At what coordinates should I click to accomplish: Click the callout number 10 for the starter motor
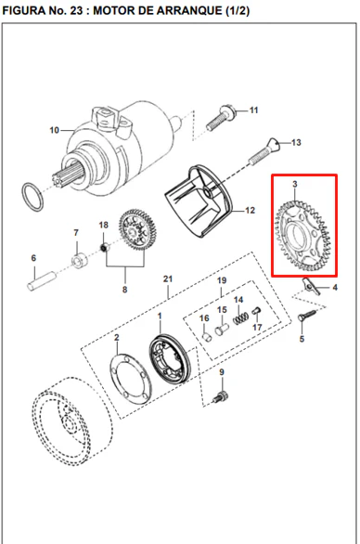click(x=54, y=130)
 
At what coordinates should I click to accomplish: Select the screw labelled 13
click(x=264, y=151)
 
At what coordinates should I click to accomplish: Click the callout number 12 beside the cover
click(x=250, y=210)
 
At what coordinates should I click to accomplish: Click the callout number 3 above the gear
click(x=295, y=184)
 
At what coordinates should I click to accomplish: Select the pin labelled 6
click(x=42, y=280)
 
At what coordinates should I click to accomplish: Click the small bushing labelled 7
click(x=80, y=260)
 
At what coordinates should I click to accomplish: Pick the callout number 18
click(x=104, y=226)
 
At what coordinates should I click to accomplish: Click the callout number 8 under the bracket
click(x=125, y=290)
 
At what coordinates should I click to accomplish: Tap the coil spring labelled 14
click(x=240, y=318)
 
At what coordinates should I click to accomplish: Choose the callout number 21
click(x=168, y=278)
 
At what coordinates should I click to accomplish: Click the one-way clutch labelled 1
click(x=170, y=359)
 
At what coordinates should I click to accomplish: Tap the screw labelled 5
click(x=307, y=317)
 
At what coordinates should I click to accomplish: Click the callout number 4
click(x=335, y=287)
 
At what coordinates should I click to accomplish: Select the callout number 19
click(x=221, y=280)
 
